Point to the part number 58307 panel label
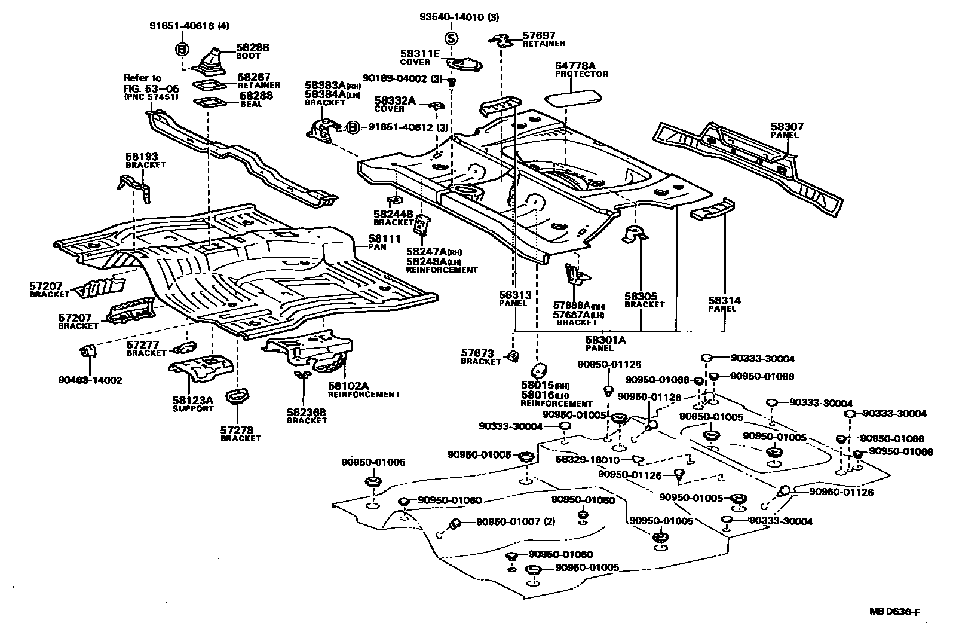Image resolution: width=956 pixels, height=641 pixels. tap(786, 127)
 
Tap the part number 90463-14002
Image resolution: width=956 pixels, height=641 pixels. tap(90, 380)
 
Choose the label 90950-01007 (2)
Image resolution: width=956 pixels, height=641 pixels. tap(515, 521)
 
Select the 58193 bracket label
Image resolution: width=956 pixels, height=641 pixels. tap(142, 157)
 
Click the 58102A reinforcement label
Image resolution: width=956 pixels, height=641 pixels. tap(348, 386)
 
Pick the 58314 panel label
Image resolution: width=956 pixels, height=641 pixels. tap(724, 301)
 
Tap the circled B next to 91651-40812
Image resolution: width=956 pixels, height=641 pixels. tap(353, 127)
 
